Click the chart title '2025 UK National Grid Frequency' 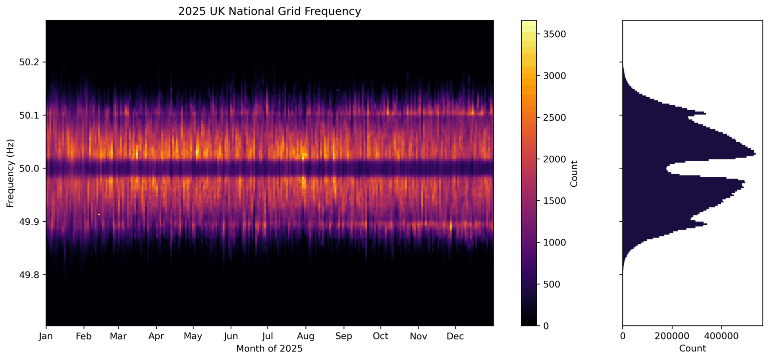tap(269, 11)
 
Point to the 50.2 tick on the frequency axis tap(33, 62)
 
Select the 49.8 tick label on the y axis tap(33, 275)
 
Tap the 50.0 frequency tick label tap(33, 168)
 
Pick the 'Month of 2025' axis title tap(269, 348)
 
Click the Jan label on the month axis tap(46, 335)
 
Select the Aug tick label tap(306, 335)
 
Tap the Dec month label tap(455, 335)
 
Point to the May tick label tap(193, 335)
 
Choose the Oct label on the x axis tap(380, 335)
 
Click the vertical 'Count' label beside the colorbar tap(574, 173)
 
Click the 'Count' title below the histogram tap(692, 348)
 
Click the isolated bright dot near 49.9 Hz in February tap(99, 214)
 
